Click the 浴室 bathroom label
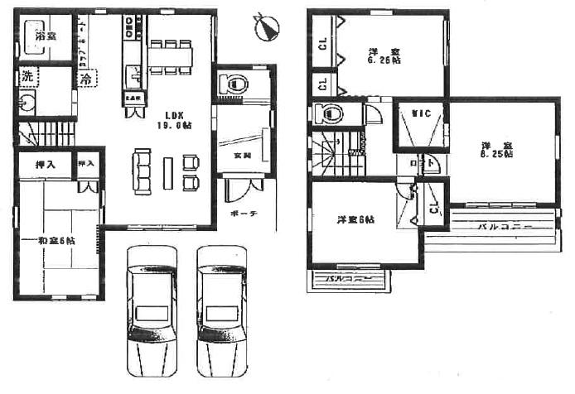click(46, 37)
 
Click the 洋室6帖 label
click(355, 219)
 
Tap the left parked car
click(150, 306)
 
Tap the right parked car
click(222, 306)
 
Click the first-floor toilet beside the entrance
click(232, 84)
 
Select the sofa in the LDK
click(141, 171)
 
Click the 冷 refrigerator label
click(86, 79)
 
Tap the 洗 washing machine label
click(27, 75)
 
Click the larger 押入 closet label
click(46, 165)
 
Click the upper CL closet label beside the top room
click(322, 43)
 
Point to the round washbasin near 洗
click(27, 105)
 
